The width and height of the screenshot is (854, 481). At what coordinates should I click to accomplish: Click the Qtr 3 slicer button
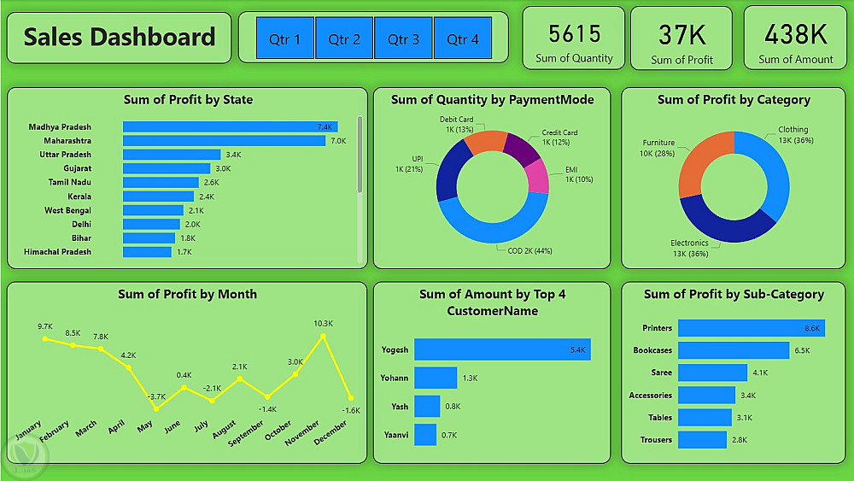(x=403, y=38)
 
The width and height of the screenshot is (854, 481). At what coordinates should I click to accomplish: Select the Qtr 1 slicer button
(x=285, y=38)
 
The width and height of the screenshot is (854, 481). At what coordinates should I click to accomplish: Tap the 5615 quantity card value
(x=574, y=33)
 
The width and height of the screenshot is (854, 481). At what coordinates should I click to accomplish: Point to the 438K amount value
(x=795, y=34)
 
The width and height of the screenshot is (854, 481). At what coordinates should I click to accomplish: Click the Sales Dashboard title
(x=120, y=37)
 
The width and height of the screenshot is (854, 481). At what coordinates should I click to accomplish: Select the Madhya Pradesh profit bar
(x=230, y=126)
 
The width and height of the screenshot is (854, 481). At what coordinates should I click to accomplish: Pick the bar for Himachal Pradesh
(x=147, y=252)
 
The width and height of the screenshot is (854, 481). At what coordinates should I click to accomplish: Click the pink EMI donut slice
(x=537, y=175)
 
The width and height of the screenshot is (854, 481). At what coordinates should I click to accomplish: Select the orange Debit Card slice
(x=485, y=142)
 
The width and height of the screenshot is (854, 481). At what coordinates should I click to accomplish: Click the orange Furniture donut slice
(x=703, y=162)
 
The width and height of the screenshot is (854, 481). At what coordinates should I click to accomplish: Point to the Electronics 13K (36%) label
(x=689, y=248)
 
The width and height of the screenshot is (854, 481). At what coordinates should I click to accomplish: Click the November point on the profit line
(x=323, y=337)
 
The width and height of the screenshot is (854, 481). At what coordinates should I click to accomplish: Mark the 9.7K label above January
(x=45, y=326)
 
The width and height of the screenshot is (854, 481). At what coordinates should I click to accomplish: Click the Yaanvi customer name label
(x=395, y=434)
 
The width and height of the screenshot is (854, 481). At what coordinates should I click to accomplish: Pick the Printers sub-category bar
(x=752, y=328)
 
